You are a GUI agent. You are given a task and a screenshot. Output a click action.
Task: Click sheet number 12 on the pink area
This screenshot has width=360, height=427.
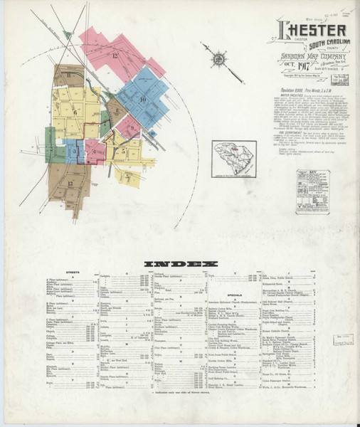pyautogui.click(x=115, y=54)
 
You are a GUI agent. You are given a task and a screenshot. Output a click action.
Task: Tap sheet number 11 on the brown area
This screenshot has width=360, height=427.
pyautogui.click(x=68, y=75)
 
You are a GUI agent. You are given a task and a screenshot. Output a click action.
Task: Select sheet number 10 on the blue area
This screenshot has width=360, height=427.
pyautogui.click(x=143, y=99)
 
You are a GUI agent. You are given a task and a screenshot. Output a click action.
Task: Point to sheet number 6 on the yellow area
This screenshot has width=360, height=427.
pyautogui.click(x=75, y=112)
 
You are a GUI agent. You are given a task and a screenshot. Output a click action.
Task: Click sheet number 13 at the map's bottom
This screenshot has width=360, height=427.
pyautogui.click(x=70, y=183)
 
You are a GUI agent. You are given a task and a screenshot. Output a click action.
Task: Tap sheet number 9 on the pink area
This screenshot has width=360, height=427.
pyautogui.click(x=130, y=128)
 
